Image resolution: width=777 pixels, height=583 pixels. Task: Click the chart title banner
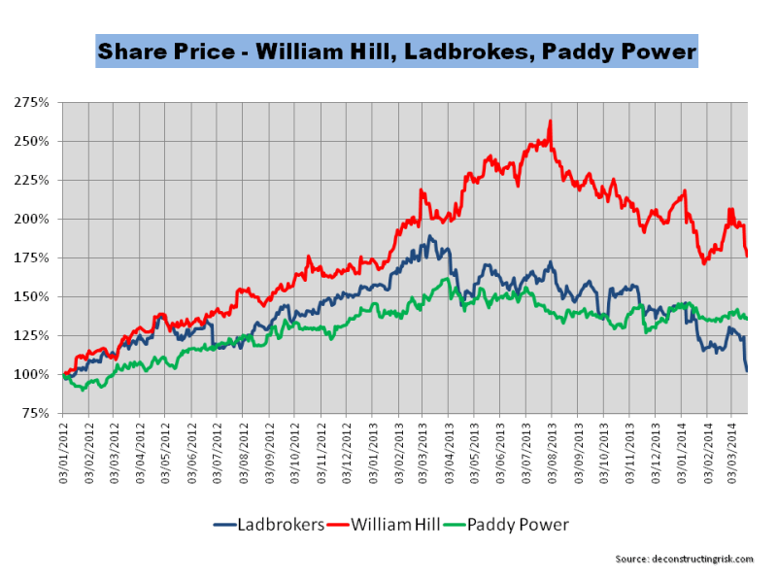(395, 51)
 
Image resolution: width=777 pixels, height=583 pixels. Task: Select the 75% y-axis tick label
(36, 413)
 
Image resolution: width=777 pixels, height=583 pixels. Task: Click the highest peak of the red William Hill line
(550, 121)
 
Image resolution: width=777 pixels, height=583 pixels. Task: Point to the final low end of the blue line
(746, 370)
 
